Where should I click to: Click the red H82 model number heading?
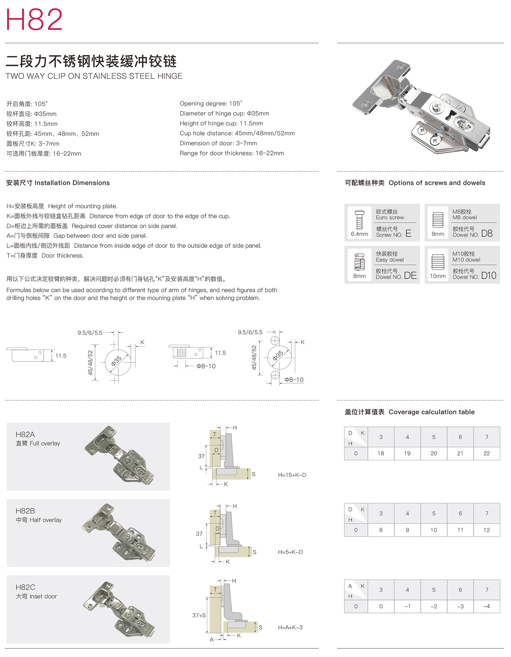[x=34, y=19]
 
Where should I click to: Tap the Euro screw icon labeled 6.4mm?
[x=360, y=220]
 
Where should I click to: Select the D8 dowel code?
[x=487, y=233]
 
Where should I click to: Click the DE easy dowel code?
[x=410, y=275]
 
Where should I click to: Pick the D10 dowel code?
[x=489, y=275]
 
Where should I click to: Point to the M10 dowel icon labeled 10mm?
[x=437, y=262]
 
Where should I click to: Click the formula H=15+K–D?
[x=292, y=475]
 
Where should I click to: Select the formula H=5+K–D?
[x=290, y=552]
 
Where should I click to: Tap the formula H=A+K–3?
[x=290, y=627]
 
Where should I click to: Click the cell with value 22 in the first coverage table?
[x=487, y=453]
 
